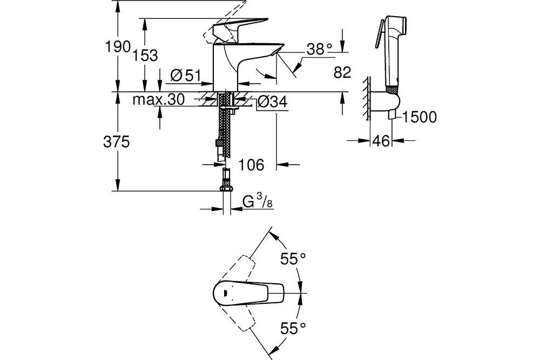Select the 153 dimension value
pyautogui.click(x=145, y=55)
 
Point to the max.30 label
pyautogui.click(x=159, y=99)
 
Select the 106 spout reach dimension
pyautogui.click(x=251, y=165)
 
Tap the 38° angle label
pyautogui.click(x=319, y=50)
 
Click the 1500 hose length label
pyautogui.click(x=420, y=117)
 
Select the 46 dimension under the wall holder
pyautogui.click(x=381, y=142)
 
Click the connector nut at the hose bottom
pyautogui.click(x=226, y=188)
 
